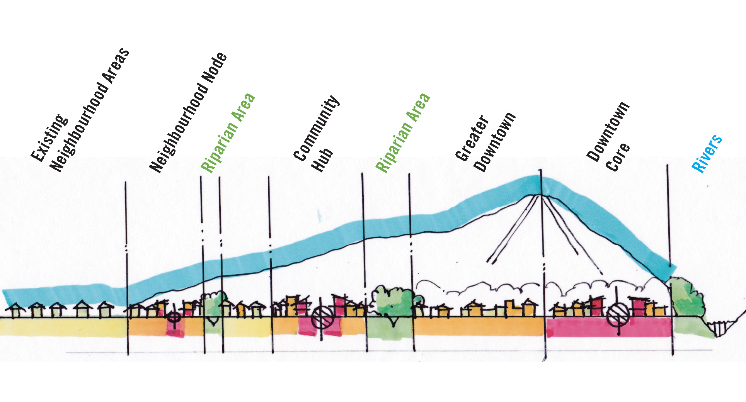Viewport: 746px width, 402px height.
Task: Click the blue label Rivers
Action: tap(707, 153)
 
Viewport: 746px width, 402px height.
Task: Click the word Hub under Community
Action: tap(322, 159)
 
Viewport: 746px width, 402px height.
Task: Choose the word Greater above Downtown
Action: tap(472, 138)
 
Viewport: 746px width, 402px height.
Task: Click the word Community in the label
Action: tap(316, 128)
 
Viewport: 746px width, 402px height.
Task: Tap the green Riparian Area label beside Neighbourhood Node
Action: tap(228, 133)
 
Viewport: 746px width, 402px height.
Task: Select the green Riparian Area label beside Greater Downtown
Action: tap(403, 133)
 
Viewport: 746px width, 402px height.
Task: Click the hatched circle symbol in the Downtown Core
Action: tap(618, 314)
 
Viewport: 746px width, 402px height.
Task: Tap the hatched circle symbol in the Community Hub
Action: tap(322, 317)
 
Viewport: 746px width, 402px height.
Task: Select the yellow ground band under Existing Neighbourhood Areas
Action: tap(64, 327)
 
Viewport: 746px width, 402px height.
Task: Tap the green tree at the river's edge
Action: tap(688, 297)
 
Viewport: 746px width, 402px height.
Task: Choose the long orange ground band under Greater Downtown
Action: tap(479, 327)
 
